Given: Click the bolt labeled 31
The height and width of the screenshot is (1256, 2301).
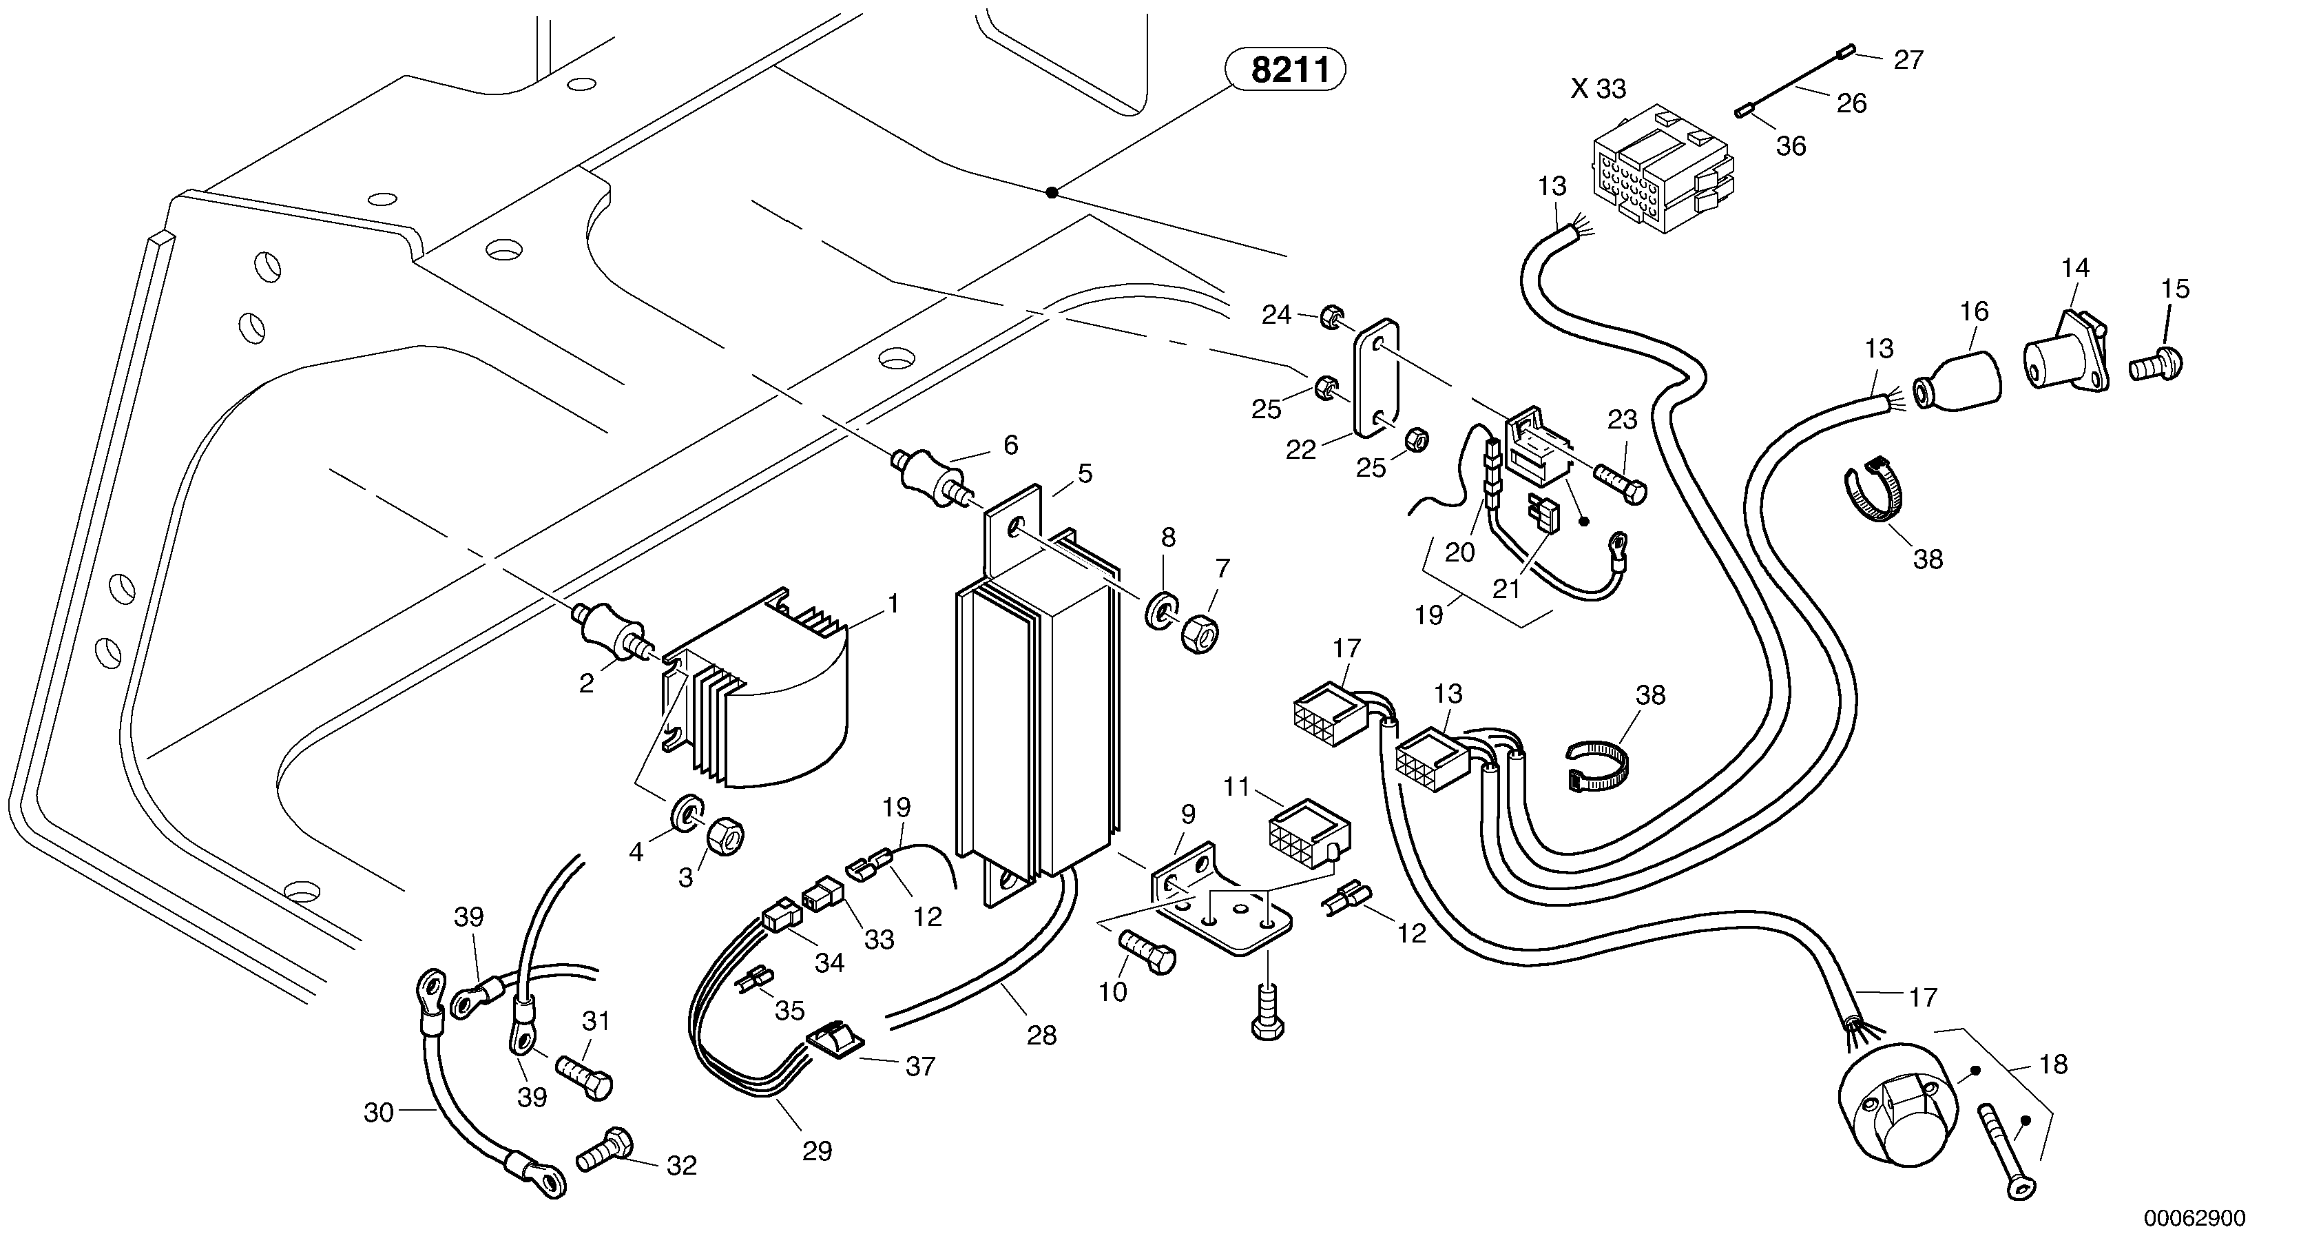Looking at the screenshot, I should (x=585, y=1075).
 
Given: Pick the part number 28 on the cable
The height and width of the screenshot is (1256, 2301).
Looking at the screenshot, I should (x=1041, y=1036).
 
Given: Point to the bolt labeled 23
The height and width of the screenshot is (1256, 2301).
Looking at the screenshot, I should (x=1622, y=486).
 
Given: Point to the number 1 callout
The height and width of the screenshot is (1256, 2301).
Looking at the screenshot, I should (x=893, y=605).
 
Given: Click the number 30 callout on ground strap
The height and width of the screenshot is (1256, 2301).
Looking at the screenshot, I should (x=379, y=1113).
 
